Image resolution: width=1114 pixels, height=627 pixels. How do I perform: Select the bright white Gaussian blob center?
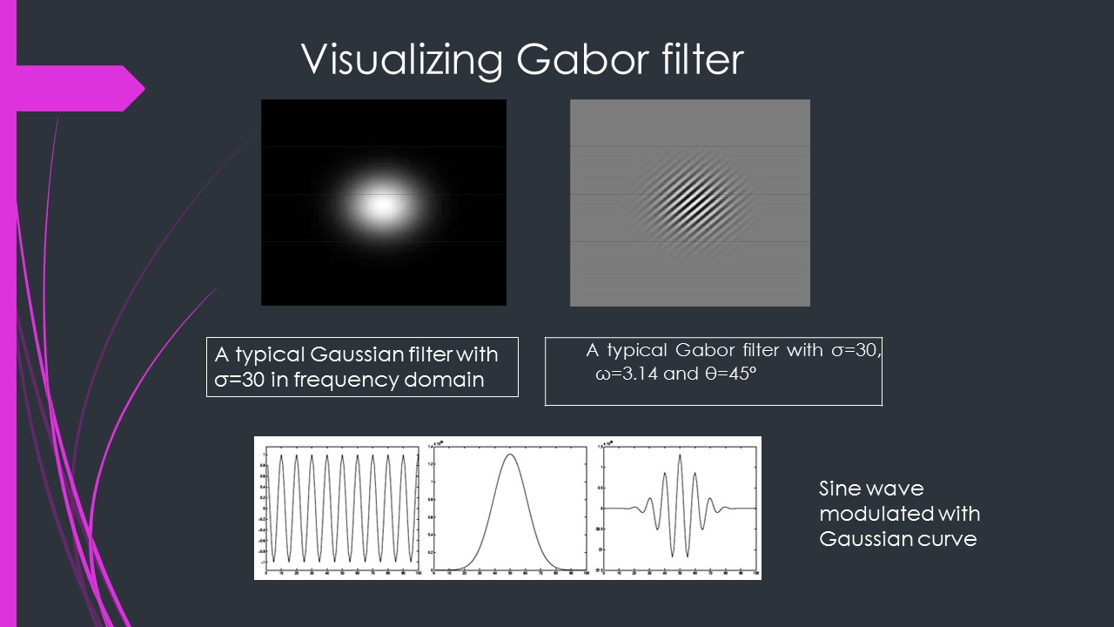click(381, 206)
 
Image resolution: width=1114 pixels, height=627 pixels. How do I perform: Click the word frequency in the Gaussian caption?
click(349, 380)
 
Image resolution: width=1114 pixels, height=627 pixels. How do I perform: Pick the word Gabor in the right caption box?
click(707, 351)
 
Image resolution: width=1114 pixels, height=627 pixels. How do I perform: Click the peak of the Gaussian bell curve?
click(511, 454)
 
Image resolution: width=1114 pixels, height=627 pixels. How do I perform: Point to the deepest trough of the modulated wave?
click(672, 556)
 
